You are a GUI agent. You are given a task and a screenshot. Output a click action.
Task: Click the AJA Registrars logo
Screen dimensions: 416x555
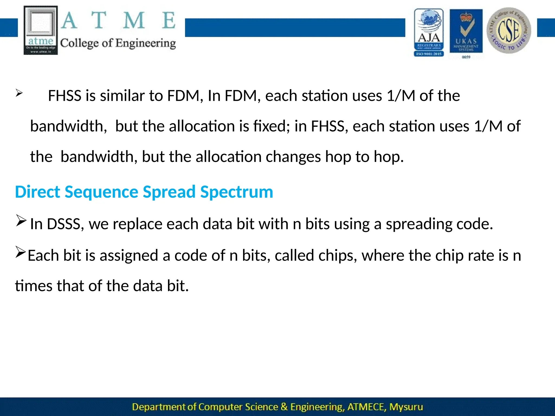429,32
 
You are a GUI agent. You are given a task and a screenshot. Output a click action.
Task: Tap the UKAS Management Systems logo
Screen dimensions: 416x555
466,31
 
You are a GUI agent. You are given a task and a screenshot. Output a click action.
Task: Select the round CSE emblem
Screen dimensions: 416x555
509,30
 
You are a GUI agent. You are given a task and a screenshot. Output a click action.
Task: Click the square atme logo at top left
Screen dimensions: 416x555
41,30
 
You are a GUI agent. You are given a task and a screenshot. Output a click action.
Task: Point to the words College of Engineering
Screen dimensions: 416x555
118,43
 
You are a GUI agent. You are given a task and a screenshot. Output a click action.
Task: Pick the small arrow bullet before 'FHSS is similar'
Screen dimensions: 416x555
19,93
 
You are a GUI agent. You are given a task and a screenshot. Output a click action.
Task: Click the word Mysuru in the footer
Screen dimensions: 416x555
406,407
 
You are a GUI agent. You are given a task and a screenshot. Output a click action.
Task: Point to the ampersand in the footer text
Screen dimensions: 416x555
284,407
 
